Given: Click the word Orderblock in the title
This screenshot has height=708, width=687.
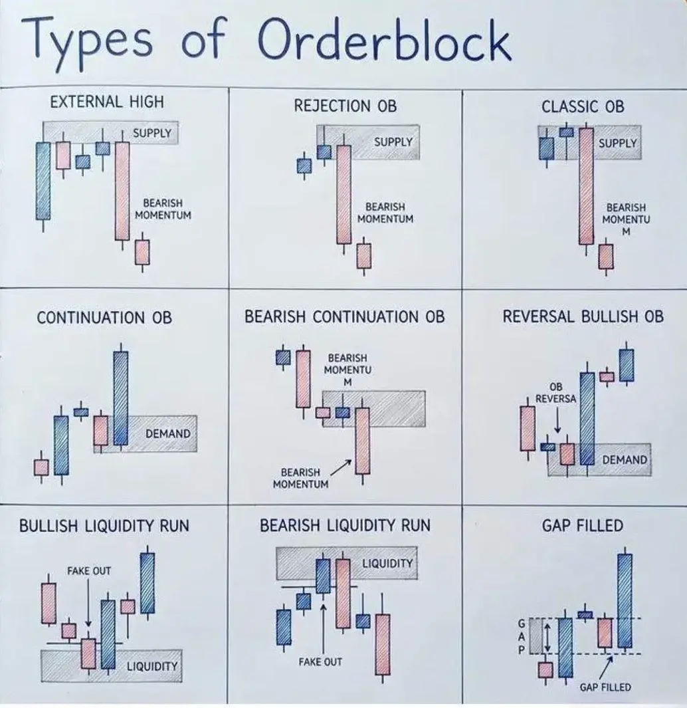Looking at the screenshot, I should [385, 41].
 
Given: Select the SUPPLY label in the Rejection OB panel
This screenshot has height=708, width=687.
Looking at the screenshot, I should [393, 142].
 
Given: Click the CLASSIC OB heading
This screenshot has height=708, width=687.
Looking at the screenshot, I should [583, 106].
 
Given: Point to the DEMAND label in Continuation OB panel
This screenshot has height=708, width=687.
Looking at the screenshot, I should [167, 434].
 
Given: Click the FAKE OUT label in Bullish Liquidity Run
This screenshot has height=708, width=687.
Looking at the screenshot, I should [89, 571].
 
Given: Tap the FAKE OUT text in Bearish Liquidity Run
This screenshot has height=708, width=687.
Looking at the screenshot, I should [320, 662].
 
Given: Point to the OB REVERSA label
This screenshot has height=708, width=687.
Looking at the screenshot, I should [556, 393].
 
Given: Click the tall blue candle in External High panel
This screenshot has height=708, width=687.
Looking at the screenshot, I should [43, 180].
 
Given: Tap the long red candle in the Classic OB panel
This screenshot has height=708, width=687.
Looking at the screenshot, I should [585, 186].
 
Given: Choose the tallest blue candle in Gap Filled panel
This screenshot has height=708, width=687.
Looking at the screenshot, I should [624, 600].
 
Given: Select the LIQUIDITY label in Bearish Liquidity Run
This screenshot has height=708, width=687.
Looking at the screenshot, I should [388, 564].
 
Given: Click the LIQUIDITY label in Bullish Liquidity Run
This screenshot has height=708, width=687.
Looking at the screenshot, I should [151, 666].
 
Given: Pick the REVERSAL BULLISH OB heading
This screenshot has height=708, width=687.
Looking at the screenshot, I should [583, 316].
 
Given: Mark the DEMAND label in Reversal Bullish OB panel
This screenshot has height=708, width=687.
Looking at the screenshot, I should [624, 460].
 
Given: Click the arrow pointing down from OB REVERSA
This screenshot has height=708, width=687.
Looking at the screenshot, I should [557, 420].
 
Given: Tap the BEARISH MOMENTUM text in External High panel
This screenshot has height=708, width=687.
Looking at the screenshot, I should [163, 209].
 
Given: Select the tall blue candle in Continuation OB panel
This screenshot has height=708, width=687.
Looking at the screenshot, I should [120, 397].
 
